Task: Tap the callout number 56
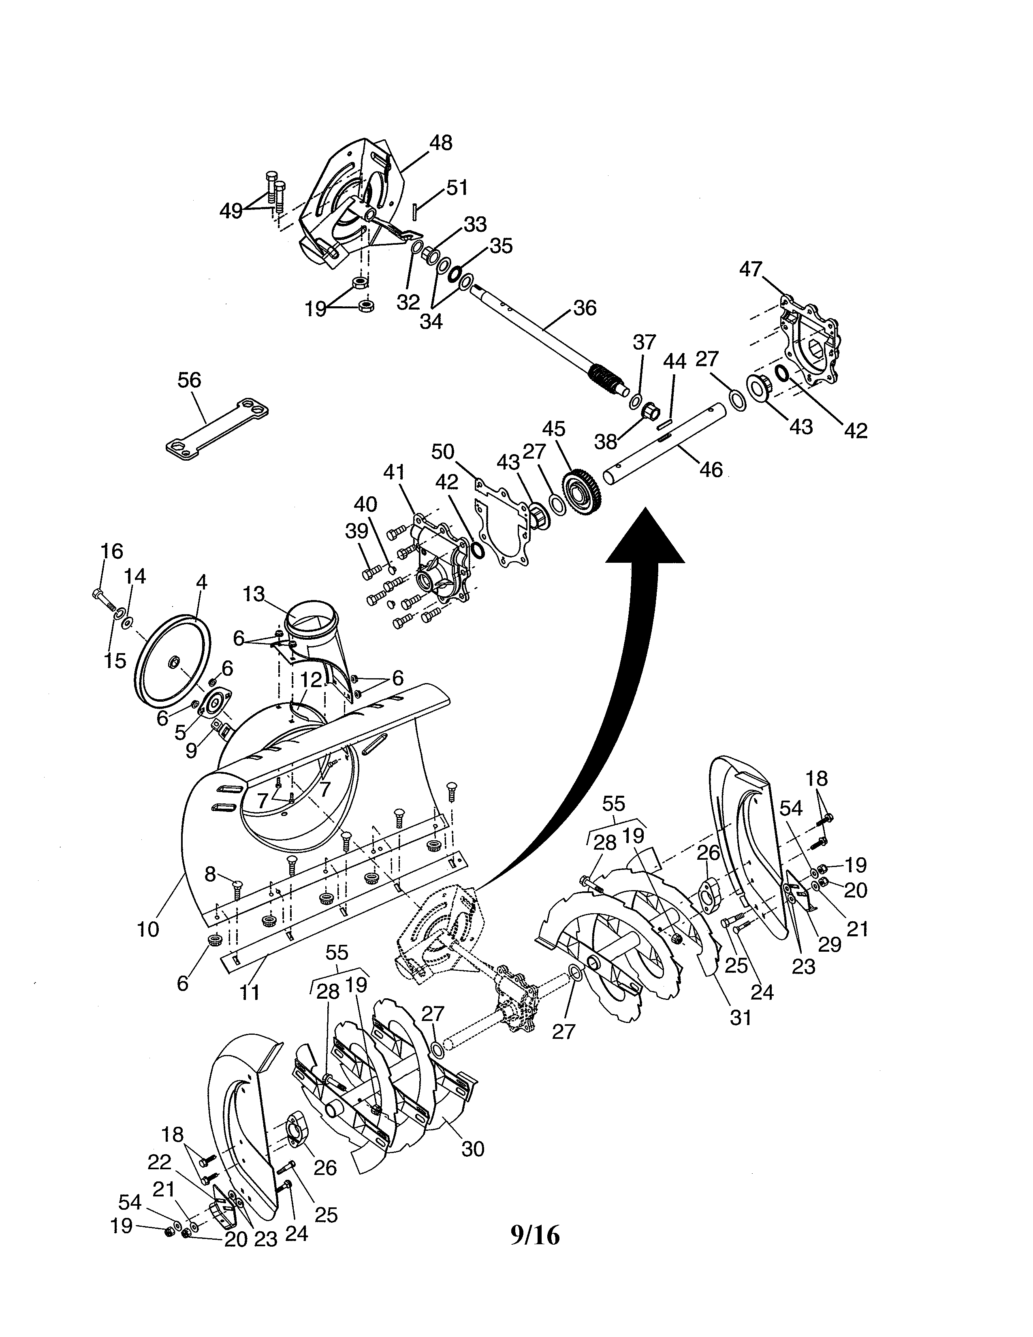[x=189, y=380]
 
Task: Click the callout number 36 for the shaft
[x=585, y=308]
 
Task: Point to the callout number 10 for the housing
[x=148, y=929]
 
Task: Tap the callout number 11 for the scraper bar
[x=249, y=992]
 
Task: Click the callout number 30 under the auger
[x=472, y=1149]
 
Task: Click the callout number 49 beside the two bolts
[x=231, y=211]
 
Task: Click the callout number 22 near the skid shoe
[x=159, y=1162]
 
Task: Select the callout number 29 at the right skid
[x=830, y=944]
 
